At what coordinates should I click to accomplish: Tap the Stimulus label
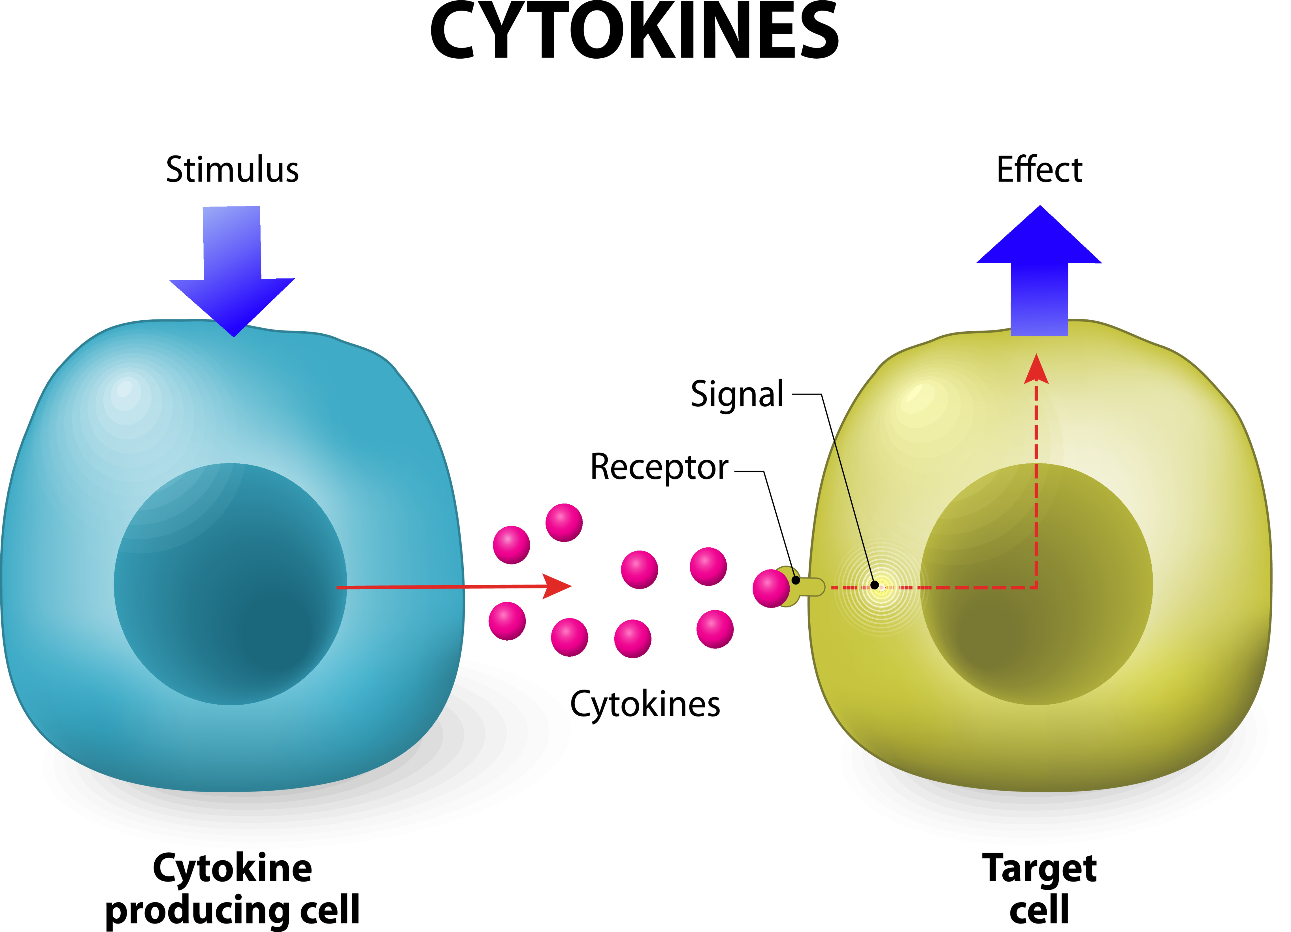pos(232,170)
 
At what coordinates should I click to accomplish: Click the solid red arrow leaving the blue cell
pos(455,587)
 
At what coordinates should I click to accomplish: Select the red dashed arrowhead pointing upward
pos(1036,370)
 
